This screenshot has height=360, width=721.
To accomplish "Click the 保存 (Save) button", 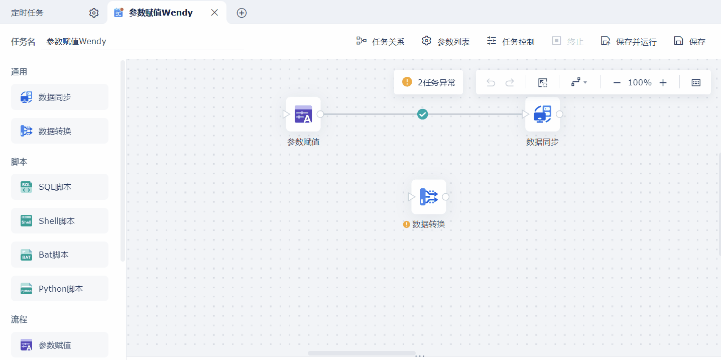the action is (x=689, y=41).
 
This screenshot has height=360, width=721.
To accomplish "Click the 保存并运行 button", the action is (x=629, y=41).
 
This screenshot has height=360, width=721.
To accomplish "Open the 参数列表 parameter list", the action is (x=445, y=41).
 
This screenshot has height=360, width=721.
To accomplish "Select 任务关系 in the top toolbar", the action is (x=380, y=41).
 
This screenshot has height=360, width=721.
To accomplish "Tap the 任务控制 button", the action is (x=511, y=41).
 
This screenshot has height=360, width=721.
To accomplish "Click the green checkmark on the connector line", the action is (x=422, y=114).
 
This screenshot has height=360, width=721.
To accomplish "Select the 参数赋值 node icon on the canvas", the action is (x=303, y=114).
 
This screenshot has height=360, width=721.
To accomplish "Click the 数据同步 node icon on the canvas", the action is (x=542, y=114).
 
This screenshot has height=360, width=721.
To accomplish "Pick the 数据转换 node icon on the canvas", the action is (x=429, y=197).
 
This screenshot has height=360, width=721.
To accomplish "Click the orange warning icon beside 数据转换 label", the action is (x=407, y=224).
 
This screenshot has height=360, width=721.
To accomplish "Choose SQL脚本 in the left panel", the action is (x=60, y=187).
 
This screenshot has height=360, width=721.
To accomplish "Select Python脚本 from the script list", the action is (x=60, y=289).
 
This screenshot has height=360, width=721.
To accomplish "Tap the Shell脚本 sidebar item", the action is (x=60, y=221).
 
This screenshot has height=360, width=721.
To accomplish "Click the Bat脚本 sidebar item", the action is (x=60, y=255).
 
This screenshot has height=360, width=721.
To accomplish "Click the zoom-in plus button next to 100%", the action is (x=663, y=83).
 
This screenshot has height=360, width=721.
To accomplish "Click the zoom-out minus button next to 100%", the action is (x=617, y=83).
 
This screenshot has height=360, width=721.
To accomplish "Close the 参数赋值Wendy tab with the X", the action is (x=214, y=13).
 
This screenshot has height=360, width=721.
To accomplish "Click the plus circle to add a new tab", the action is (x=242, y=13).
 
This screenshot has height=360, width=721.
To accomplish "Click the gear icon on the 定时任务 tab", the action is (x=94, y=13).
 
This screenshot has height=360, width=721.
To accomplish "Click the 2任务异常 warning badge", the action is (x=428, y=82).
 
